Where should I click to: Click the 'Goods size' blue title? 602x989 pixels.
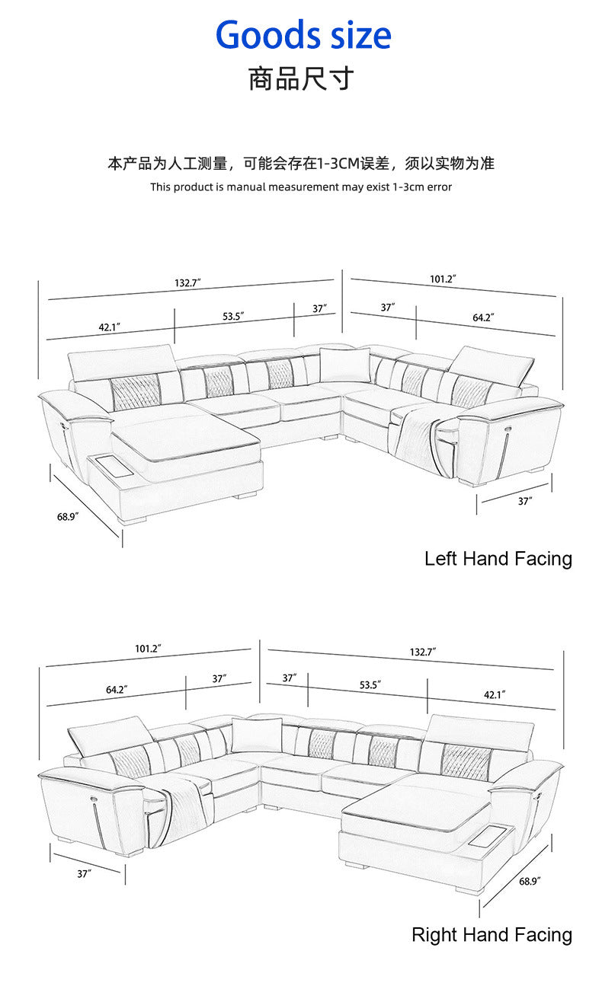coord(303,35)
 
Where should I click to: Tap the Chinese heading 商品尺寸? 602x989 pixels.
coord(301,79)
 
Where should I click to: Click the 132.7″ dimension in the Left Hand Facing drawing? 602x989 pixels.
coord(187,282)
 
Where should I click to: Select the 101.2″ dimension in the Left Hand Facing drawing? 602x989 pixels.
coord(443,279)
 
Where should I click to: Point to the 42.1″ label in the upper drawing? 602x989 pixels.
coord(109,327)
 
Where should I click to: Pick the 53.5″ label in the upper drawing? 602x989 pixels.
coord(233,316)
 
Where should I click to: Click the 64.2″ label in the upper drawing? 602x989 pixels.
coord(483,317)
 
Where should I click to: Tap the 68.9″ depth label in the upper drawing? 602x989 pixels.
coord(68,516)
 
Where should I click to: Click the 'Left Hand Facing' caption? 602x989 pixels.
coord(498,559)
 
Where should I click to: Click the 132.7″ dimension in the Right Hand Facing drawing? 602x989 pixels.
coord(423,652)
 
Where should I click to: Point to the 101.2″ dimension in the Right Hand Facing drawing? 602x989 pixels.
coord(148,649)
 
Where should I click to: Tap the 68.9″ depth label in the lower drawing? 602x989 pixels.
coord(530,882)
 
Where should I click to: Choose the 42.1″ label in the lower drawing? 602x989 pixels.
coord(495,695)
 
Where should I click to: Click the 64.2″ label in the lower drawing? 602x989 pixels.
coord(117,689)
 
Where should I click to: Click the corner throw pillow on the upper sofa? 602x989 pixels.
coord(345,365)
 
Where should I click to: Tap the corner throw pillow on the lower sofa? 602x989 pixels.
coord(257,735)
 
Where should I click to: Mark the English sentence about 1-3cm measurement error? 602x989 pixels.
coord(301,187)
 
